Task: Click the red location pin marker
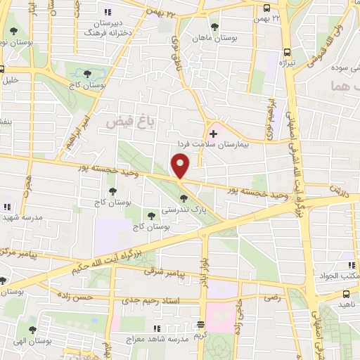pos(181,166)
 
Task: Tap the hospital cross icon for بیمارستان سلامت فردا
pos(214,133)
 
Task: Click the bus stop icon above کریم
pos(201,326)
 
